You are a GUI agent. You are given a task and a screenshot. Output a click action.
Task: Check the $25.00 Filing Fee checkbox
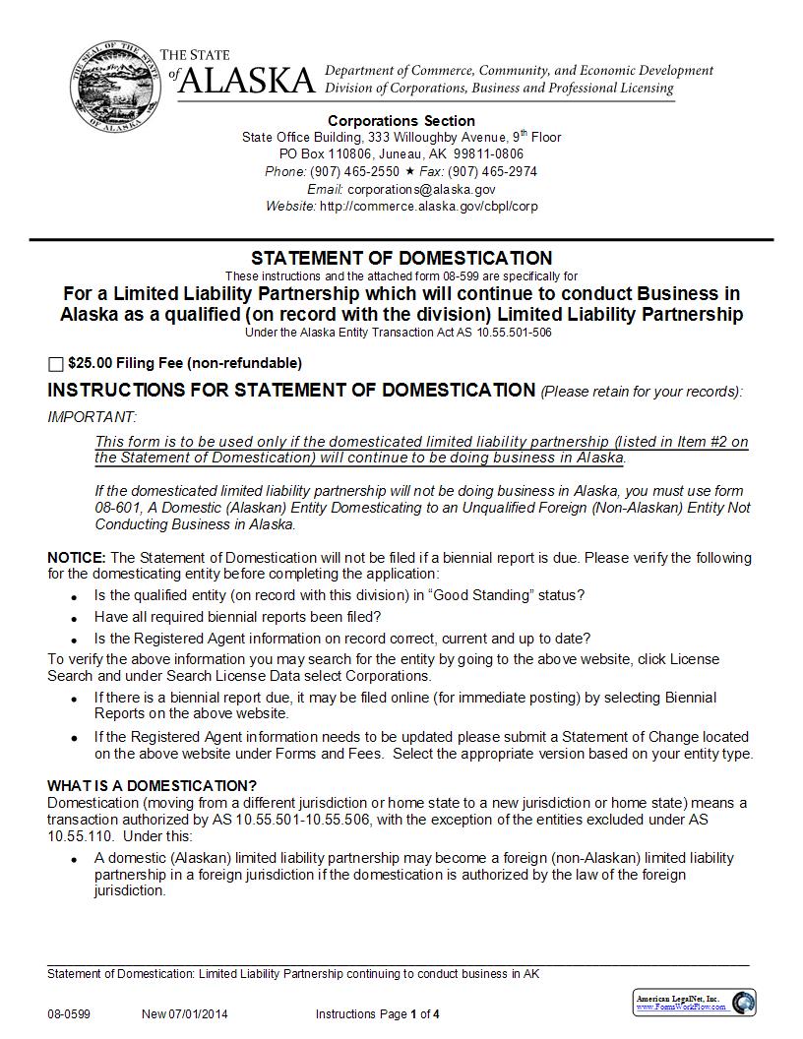55,364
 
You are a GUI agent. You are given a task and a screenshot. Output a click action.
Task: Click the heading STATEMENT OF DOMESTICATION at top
401,258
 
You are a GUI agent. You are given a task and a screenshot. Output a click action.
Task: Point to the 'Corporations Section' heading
401,121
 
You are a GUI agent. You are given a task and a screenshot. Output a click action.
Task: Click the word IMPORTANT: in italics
93,417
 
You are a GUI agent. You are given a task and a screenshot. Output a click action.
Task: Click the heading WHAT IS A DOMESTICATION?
152,785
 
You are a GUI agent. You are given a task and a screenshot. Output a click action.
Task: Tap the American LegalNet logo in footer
695,1003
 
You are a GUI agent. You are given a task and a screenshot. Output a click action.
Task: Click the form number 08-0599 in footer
68,1014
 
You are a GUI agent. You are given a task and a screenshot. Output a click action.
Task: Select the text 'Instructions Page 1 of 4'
378,1014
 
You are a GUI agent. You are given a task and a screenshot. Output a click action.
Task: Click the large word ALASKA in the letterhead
247,81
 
